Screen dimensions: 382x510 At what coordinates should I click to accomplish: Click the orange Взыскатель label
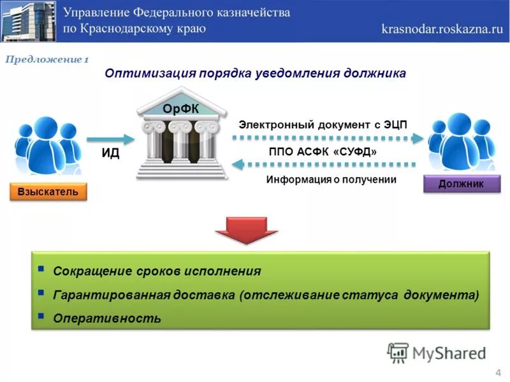pos(48,191)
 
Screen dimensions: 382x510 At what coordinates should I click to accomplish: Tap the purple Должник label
pos(461,184)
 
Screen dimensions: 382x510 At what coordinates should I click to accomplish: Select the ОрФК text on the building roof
pos(180,109)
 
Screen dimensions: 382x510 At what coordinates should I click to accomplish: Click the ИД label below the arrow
pos(110,153)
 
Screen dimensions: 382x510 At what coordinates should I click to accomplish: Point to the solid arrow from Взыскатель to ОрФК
pos(110,138)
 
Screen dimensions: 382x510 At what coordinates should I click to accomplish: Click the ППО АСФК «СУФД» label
pos(323,152)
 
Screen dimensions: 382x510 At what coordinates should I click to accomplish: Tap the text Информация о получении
pos(331,180)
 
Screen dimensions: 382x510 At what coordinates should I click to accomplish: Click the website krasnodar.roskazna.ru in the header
pos(442,29)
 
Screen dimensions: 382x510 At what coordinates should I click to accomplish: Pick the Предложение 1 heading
pos(47,60)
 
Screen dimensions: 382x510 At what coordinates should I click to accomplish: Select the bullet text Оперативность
pos(107,318)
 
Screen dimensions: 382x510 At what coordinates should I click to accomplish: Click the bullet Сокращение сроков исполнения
pos(157,271)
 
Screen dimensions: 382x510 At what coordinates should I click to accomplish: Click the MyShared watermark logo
pos(436,352)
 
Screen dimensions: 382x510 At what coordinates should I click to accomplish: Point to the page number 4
pos(497,372)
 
